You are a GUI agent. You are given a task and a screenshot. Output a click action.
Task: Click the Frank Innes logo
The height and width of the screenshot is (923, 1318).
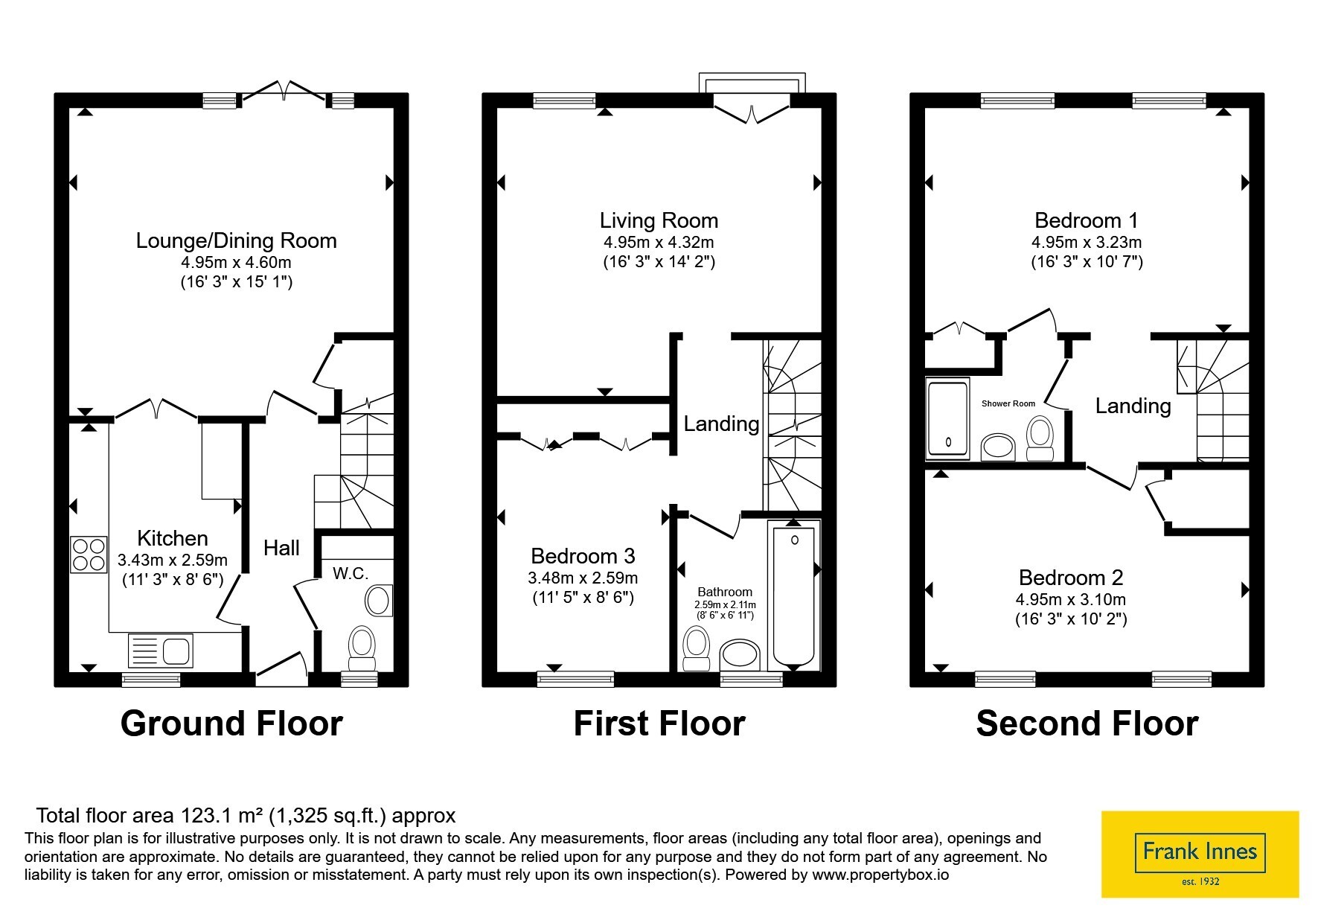point(1200,853)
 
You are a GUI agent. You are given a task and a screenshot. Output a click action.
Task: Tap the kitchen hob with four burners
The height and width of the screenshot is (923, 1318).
point(89,555)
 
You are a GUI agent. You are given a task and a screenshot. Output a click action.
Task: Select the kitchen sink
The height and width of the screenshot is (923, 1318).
point(161,650)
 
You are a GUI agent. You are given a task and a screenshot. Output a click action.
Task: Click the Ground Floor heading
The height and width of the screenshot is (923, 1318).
point(231,724)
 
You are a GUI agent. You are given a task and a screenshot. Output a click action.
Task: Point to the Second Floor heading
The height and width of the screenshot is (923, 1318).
point(1087,724)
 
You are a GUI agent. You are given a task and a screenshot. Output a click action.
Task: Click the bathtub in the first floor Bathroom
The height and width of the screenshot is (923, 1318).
point(794,595)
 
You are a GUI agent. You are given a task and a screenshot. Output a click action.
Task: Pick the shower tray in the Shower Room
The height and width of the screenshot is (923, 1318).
point(948,418)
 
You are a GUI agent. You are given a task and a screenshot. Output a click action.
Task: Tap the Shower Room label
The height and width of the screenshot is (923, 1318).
point(1008,403)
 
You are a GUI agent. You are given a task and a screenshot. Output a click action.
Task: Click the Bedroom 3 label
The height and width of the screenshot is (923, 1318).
point(583,556)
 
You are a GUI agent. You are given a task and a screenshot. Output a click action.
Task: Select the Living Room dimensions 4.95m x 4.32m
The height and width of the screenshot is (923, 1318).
point(659,242)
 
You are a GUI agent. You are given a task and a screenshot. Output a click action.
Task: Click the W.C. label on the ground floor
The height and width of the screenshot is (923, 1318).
point(351,573)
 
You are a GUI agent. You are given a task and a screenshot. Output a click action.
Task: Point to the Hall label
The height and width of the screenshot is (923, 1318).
point(281,549)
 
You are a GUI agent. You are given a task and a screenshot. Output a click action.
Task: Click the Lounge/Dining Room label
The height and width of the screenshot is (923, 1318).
point(236,240)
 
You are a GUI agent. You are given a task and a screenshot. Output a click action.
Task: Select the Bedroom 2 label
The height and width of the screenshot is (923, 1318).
point(1071,578)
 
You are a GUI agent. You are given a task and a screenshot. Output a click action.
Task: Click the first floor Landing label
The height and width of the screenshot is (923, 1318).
point(721,424)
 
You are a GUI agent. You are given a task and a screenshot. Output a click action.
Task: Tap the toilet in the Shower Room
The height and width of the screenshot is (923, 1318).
point(1040,438)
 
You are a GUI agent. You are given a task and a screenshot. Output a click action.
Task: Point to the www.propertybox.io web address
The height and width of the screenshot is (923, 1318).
point(880,875)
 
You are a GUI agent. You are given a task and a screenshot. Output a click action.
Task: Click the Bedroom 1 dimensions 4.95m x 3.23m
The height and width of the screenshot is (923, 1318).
point(1087,242)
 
